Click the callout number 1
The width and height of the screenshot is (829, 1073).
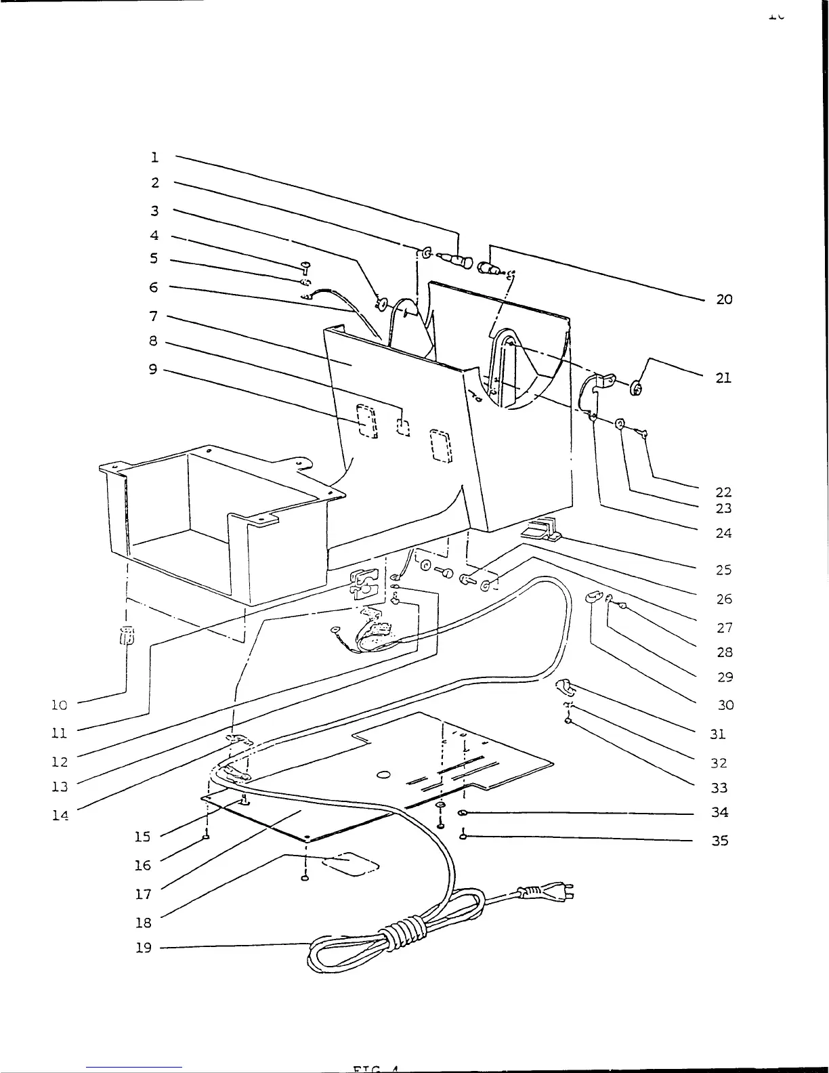(x=155, y=157)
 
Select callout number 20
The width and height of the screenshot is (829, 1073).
(x=724, y=299)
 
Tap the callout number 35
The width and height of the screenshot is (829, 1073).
(x=720, y=841)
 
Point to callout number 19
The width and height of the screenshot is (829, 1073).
(x=143, y=948)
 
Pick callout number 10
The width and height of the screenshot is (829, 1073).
(x=60, y=705)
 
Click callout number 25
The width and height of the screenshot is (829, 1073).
(x=724, y=570)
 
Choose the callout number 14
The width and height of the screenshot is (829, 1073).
(x=60, y=816)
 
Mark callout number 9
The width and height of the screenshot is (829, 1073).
(x=153, y=369)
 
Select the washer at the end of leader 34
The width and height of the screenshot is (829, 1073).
(x=463, y=812)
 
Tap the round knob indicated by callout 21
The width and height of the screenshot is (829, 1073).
(x=637, y=388)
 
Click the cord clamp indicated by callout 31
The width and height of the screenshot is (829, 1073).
(x=565, y=688)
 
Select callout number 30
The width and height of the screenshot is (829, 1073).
(x=725, y=705)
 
